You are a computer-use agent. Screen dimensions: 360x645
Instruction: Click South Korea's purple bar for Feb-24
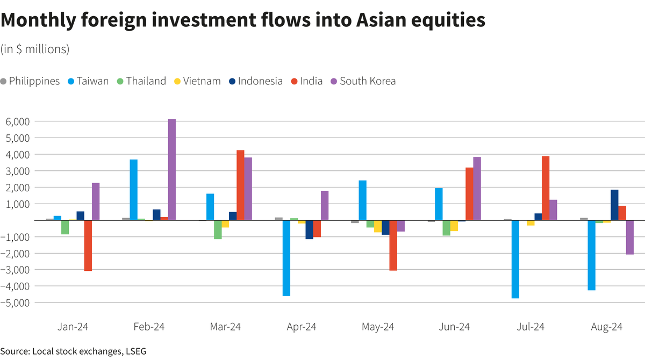coord(172,169)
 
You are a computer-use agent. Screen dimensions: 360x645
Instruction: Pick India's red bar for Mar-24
coord(240,185)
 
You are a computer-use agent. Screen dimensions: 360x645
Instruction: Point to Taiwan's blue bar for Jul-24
coord(515,259)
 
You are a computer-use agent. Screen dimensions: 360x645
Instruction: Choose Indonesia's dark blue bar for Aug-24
coord(614,205)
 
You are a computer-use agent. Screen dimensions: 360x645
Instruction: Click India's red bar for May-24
coord(393,246)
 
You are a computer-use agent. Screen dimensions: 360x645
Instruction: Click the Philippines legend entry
coord(30,81)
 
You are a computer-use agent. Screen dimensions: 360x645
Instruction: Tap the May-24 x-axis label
coord(378,327)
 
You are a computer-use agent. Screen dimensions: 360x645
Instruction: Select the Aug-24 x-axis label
coord(607,327)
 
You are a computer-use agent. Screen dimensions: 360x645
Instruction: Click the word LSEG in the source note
coord(135,351)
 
